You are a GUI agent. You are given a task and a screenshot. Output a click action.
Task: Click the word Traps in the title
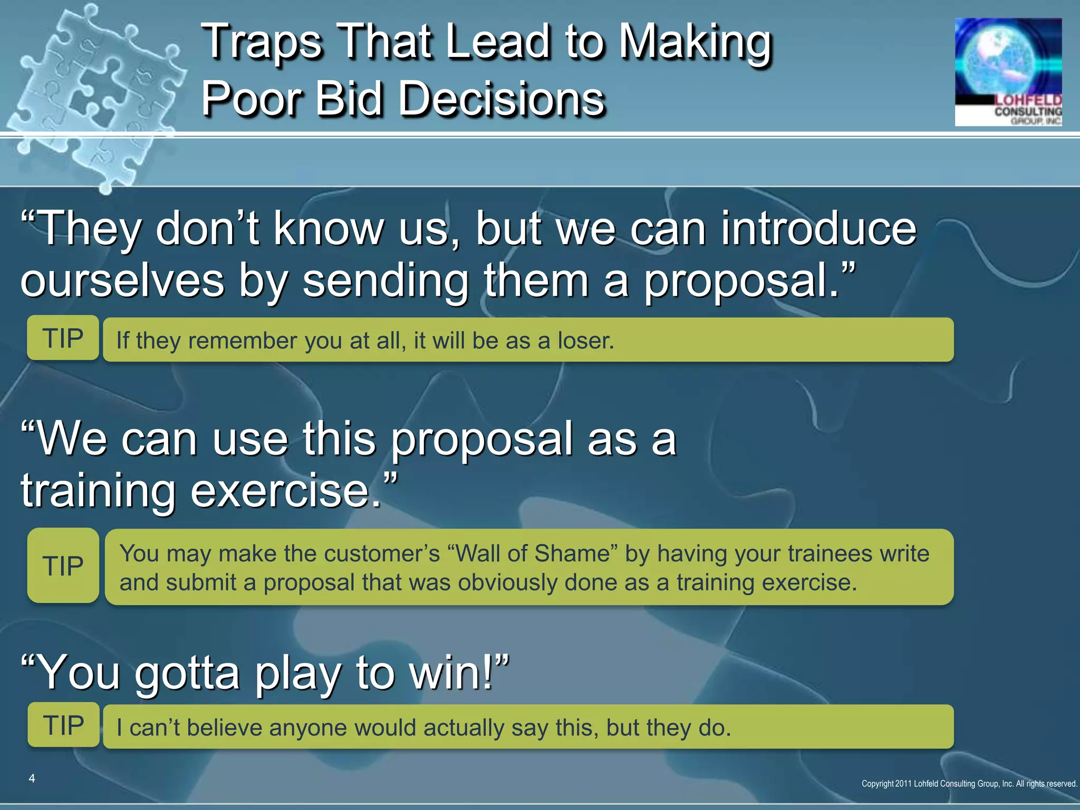click(262, 42)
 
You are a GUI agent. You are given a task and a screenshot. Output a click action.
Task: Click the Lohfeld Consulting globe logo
click(1008, 72)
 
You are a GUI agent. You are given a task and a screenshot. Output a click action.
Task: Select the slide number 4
click(32, 778)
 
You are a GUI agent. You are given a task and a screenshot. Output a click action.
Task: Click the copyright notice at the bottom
click(969, 784)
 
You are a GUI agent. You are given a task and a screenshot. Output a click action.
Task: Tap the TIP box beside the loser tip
click(63, 338)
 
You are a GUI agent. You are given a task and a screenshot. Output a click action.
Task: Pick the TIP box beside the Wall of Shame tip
click(63, 566)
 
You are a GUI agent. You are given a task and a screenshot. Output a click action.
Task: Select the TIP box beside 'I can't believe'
click(63, 725)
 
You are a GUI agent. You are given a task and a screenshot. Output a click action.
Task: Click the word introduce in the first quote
click(818, 228)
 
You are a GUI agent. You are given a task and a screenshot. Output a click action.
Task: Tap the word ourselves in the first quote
click(122, 281)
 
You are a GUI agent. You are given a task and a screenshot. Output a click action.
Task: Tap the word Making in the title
click(695, 42)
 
